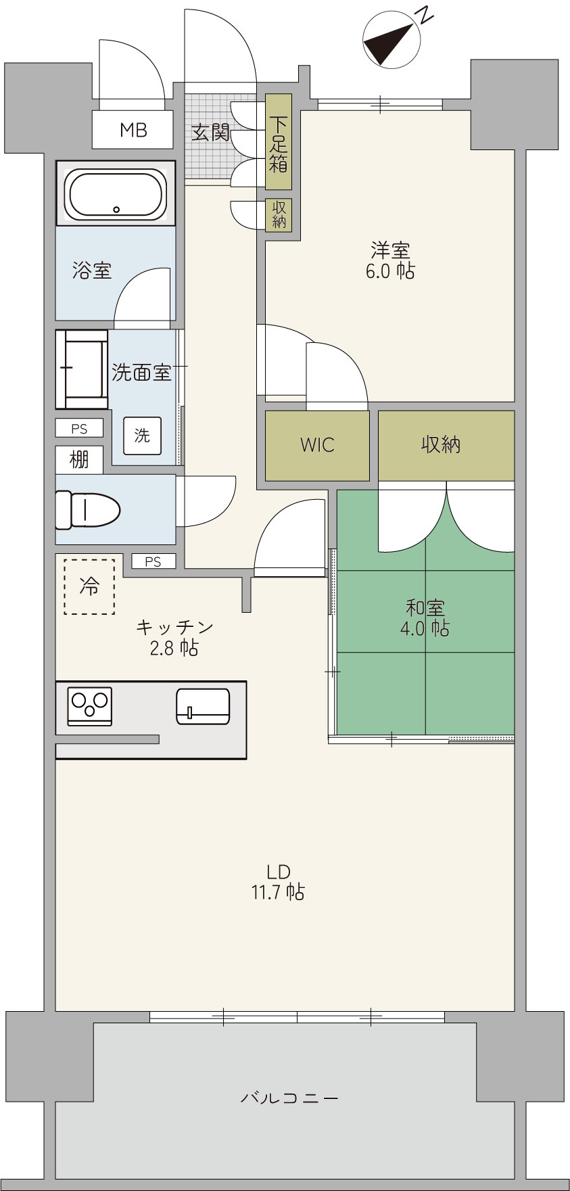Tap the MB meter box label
tap(133, 130)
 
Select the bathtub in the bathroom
tap(115, 193)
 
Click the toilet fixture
tap(87, 509)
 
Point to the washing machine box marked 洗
tap(142, 436)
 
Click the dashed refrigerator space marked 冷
tap(89, 586)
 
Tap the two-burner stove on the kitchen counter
tap(90, 706)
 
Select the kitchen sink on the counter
tap(203, 706)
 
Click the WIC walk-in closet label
tap(317, 445)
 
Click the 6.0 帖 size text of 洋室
tap(390, 271)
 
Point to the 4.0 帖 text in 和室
tap(425, 628)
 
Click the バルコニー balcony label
tap(289, 1098)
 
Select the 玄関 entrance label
tap(210, 132)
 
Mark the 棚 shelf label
tap(79, 460)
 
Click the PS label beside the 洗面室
tap(80, 429)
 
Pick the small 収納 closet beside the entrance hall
tap(279, 214)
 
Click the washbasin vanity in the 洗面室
tap(82, 369)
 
